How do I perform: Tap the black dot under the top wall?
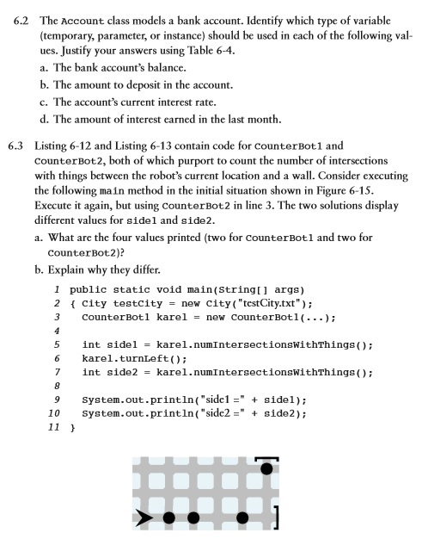267,469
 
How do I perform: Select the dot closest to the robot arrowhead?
169,518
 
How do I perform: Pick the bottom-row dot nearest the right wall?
243,518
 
